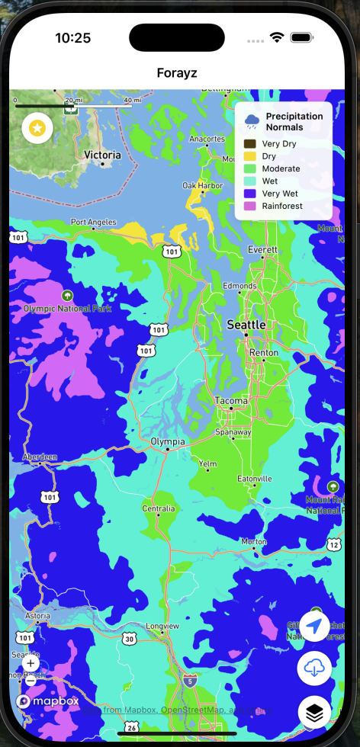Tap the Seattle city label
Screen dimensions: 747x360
click(246, 325)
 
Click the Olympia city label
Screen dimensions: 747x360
click(167, 442)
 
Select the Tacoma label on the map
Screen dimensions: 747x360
click(231, 401)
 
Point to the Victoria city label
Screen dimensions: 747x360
click(102, 155)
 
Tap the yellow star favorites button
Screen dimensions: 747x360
click(37, 129)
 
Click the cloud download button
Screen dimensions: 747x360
click(314, 668)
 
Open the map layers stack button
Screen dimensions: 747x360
click(314, 712)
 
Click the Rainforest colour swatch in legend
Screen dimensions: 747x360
click(249, 206)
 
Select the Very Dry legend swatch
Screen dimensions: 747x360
click(249, 143)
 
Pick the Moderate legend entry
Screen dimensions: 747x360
click(281, 168)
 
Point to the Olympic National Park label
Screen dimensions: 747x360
click(67, 309)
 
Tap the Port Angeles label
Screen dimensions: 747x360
click(93, 223)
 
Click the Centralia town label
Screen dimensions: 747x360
click(159, 508)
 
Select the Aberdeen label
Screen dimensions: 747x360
click(40, 457)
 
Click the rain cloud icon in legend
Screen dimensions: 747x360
click(252, 120)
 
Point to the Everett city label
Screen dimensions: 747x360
click(263, 250)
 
